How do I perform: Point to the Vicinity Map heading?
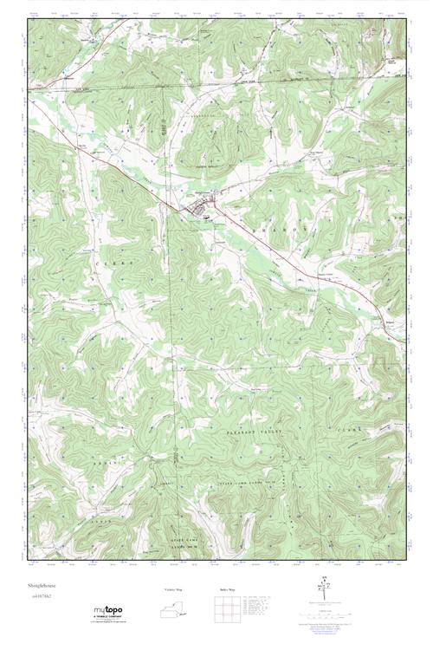click(x=174, y=589)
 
